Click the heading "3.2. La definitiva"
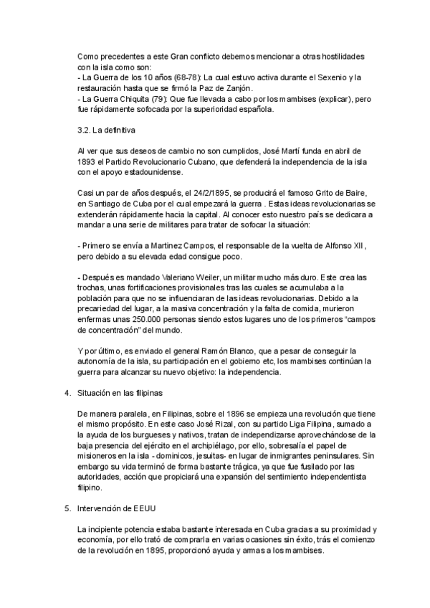click(105, 130)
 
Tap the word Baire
click(353, 193)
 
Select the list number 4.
click(67, 393)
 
